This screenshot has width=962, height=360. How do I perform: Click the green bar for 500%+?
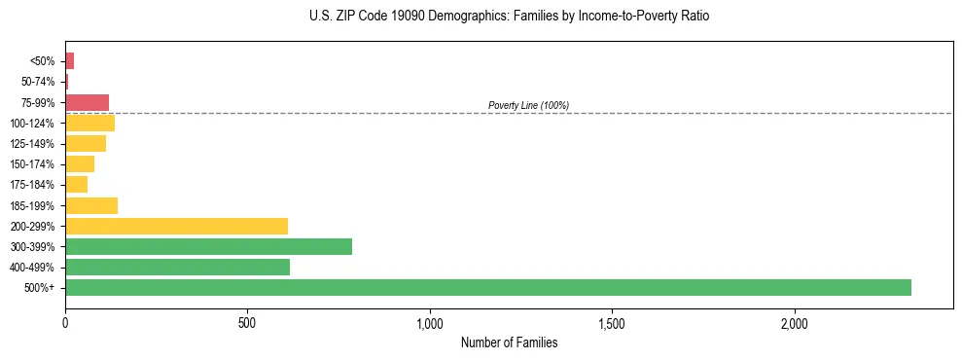pyautogui.click(x=487, y=287)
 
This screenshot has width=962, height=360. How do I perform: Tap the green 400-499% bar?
pyautogui.click(x=177, y=267)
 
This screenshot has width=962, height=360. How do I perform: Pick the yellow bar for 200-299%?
pyautogui.click(x=176, y=226)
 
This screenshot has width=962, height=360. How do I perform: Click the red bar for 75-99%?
pyautogui.click(x=87, y=102)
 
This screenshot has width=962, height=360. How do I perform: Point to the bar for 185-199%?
pyautogui.click(x=91, y=205)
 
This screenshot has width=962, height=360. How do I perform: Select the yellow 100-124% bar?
pyautogui.click(x=89, y=123)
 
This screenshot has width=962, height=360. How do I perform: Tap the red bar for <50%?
pyautogui.click(x=69, y=61)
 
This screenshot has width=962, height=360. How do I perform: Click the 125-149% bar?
pyautogui.click(x=86, y=144)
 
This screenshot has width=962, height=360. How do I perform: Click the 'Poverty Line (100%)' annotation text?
pyautogui.click(x=528, y=105)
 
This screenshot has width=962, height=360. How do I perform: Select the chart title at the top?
pyautogui.click(x=511, y=17)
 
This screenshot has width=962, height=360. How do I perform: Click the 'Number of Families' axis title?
pyautogui.click(x=509, y=342)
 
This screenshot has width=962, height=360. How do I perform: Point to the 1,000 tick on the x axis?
pyautogui.click(x=430, y=323)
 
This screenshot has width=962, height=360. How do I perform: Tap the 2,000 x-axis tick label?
pyautogui.click(x=794, y=323)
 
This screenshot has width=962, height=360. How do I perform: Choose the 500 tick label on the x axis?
pyautogui.click(x=247, y=323)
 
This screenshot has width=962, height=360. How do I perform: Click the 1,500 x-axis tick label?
pyautogui.click(x=612, y=323)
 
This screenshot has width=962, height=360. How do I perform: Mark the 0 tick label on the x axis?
pyautogui.click(x=65, y=323)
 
